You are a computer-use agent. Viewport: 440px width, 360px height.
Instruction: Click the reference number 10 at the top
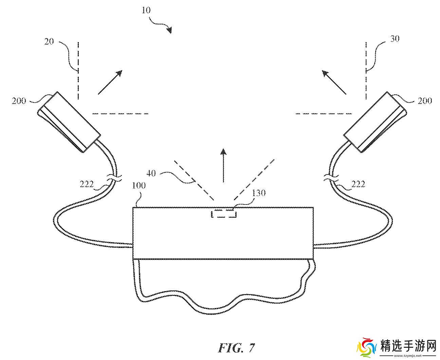[x=146, y=10]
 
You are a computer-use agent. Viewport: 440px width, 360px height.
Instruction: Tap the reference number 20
[x=49, y=41]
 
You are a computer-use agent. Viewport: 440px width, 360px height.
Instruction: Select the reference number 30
[x=395, y=39]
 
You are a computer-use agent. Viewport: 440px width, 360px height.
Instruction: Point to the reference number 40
[x=151, y=173]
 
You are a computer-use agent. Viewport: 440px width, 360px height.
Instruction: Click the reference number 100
[x=139, y=185]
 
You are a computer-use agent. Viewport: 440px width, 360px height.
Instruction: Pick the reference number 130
[x=258, y=193]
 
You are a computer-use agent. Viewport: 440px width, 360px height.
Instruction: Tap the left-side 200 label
[x=19, y=101]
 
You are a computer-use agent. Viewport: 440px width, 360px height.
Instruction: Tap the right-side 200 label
[x=425, y=101]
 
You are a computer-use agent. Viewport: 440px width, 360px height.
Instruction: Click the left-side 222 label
[x=87, y=184]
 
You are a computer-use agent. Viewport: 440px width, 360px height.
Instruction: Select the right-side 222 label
[x=358, y=184]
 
